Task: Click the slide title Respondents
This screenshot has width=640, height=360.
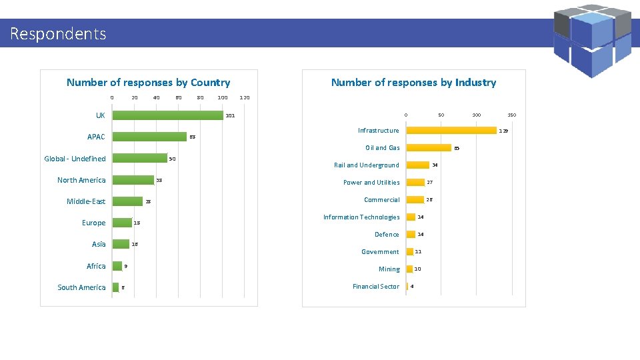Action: (58, 33)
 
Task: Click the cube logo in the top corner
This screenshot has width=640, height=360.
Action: (592, 41)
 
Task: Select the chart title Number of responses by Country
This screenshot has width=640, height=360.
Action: (148, 83)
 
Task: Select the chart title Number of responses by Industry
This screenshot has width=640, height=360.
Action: (413, 83)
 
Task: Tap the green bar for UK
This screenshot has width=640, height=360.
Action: (167, 115)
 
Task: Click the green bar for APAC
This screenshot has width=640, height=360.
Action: (149, 137)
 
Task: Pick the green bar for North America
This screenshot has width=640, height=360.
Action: (133, 180)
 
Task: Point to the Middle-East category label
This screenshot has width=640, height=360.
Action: (86, 201)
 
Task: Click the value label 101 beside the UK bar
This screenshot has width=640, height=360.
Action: (230, 116)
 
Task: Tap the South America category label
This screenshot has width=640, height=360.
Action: (81, 287)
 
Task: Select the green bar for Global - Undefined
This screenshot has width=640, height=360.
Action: (139, 159)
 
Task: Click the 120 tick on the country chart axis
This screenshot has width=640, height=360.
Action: (244, 98)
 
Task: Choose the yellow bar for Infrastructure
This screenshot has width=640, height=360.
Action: (451, 131)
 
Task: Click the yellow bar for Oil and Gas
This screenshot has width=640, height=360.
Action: (429, 148)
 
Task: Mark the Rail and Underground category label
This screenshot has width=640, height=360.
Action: (366, 165)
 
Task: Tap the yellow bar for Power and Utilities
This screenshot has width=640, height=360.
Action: (415, 183)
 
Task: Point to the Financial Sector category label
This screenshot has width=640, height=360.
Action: (376, 287)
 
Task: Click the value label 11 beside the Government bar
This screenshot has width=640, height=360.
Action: (418, 252)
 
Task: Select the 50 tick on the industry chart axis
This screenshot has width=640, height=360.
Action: (441, 115)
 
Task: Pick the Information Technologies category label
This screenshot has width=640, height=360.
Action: (361, 217)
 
